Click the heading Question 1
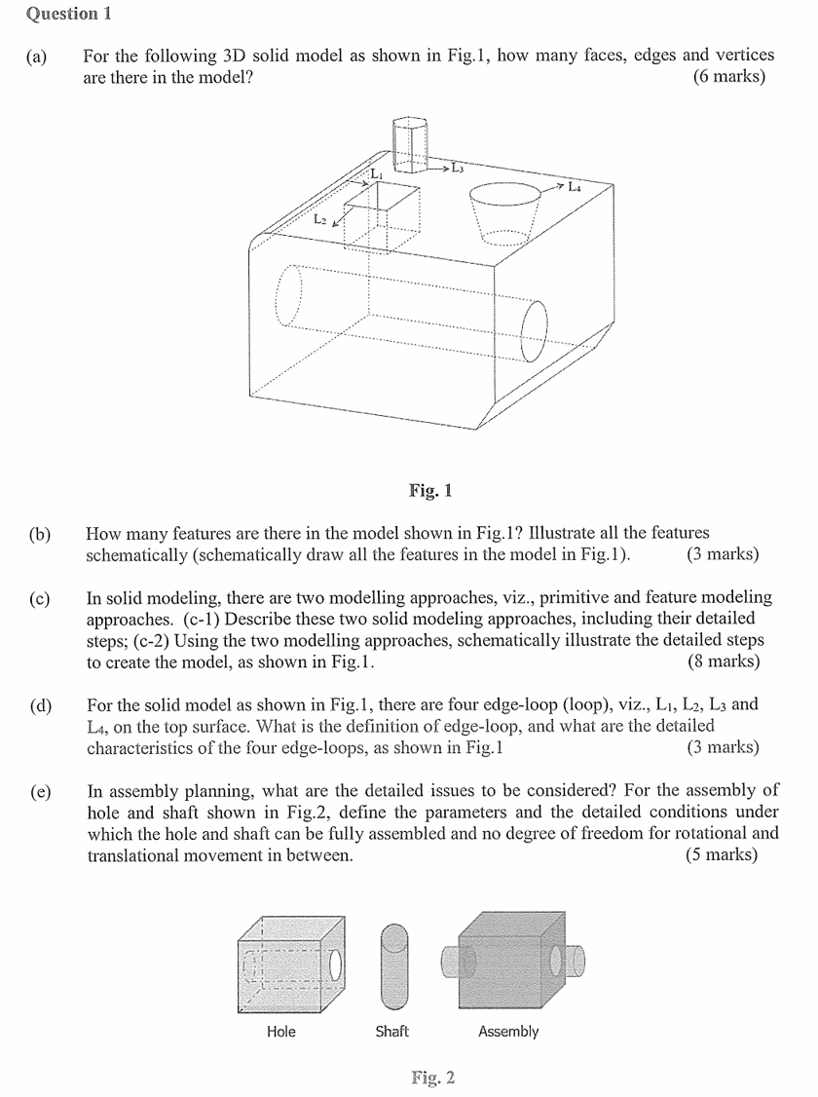[x=61, y=14]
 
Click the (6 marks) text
[x=728, y=76]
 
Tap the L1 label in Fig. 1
[x=376, y=173]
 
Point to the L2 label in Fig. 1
[x=320, y=220]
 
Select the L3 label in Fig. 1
[x=457, y=168]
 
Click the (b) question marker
[x=40, y=534]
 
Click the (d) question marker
[x=40, y=705]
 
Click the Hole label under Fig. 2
[x=280, y=1031]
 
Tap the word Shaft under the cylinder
[x=391, y=1031]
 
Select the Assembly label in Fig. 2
[x=508, y=1031]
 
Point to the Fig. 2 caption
[x=432, y=1078]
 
